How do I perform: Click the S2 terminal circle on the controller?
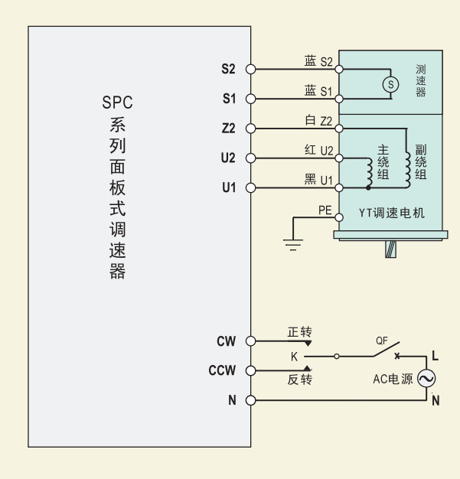pyautogui.click(x=250, y=70)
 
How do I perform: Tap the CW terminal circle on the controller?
pyautogui.click(x=250, y=341)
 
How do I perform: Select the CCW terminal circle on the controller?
pyautogui.click(x=250, y=370)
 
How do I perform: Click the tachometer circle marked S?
pyautogui.click(x=390, y=84)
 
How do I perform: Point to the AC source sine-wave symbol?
pyautogui.click(x=426, y=379)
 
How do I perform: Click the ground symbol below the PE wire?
pyautogui.click(x=293, y=245)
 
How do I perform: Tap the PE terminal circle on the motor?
pyautogui.click(x=339, y=217)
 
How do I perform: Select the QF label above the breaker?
pyautogui.click(x=382, y=341)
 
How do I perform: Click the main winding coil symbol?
pyautogui.click(x=370, y=173)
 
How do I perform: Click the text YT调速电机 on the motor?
pyautogui.click(x=392, y=213)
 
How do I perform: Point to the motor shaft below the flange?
pyautogui.click(x=390, y=249)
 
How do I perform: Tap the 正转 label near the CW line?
pyautogui.click(x=300, y=332)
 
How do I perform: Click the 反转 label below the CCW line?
pyautogui.click(x=300, y=380)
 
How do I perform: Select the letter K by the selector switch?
pyautogui.click(x=295, y=357)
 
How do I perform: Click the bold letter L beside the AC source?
pyautogui.click(x=436, y=356)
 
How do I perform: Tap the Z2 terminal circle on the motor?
pyautogui.click(x=339, y=129)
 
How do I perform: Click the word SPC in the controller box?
pyautogui.click(x=117, y=103)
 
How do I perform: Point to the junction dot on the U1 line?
pyautogui.click(x=368, y=188)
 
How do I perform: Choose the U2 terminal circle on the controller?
pyautogui.click(x=250, y=158)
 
